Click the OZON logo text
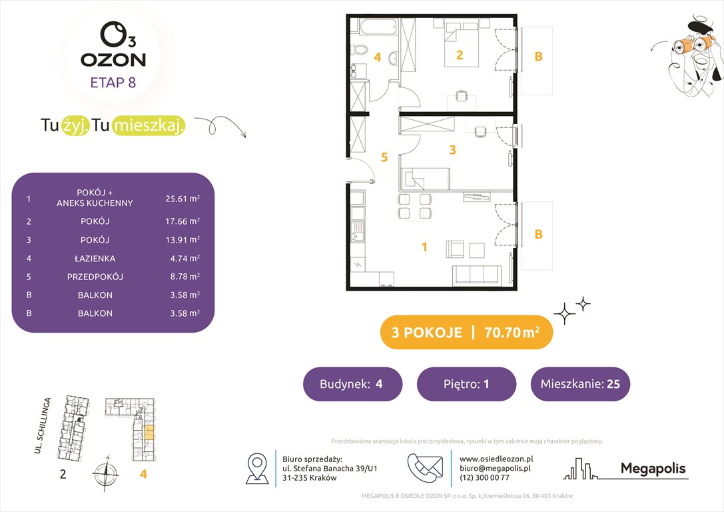113,59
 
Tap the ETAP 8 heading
113,83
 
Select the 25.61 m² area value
182,198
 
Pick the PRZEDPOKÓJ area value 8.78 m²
182,276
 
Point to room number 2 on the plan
460,55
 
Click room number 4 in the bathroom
377,57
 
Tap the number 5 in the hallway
384,157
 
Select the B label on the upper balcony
539,57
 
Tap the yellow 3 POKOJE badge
466,332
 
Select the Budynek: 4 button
352,384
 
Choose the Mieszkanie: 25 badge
580,384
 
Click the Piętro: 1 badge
466,384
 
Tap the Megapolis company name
653,469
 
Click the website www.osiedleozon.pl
496,459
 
